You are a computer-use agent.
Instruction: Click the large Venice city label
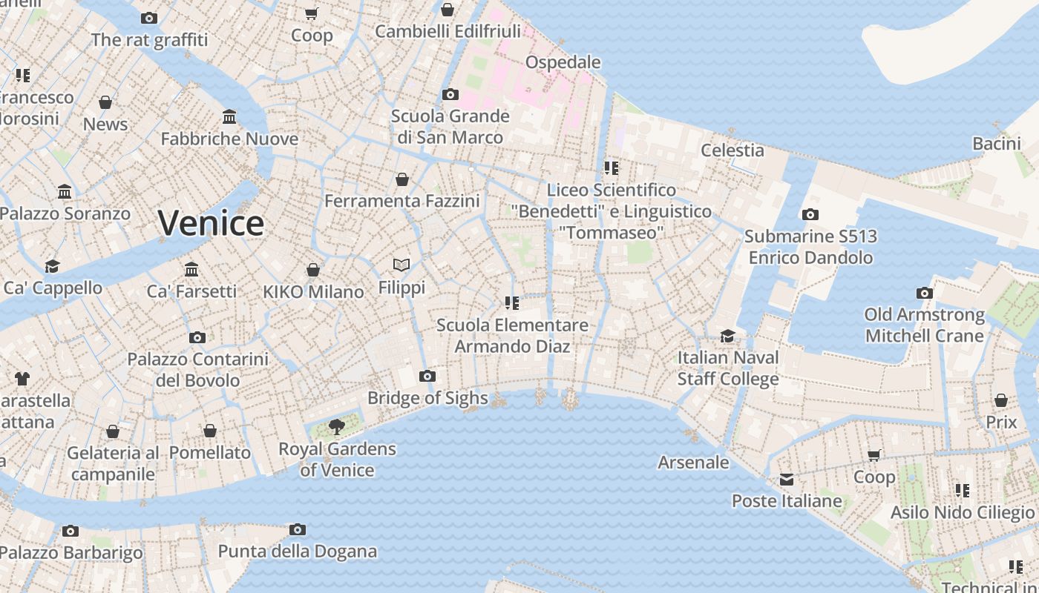[211, 223]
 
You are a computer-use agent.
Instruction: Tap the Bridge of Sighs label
[427, 398]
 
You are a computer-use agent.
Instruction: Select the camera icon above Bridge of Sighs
[427, 376]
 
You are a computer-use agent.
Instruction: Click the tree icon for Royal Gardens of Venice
[337, 426]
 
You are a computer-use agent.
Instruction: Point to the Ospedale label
[563, 62]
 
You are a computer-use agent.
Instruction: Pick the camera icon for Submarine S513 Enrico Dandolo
[810, 214]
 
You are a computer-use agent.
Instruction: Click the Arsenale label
[693, 463]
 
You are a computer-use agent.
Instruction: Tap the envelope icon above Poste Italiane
[787, 480]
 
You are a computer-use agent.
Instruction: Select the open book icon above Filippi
[401, 265]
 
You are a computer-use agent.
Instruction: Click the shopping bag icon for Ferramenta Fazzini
[402, 179]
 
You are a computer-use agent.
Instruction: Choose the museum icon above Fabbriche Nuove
[229, 117]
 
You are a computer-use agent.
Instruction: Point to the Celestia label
[732, 150]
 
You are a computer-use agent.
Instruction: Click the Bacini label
[997, 144]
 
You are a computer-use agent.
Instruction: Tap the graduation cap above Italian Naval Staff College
[727, 337]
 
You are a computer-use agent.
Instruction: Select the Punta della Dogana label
[297, 551]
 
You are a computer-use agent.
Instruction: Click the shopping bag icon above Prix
[1001, 401]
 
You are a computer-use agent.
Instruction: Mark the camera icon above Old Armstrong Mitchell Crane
[924, 293]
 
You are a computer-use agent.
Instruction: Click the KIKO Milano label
[313, 292]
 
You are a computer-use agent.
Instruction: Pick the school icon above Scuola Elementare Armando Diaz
[511, 302]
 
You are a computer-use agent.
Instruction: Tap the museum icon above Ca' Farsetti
[191, 268]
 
